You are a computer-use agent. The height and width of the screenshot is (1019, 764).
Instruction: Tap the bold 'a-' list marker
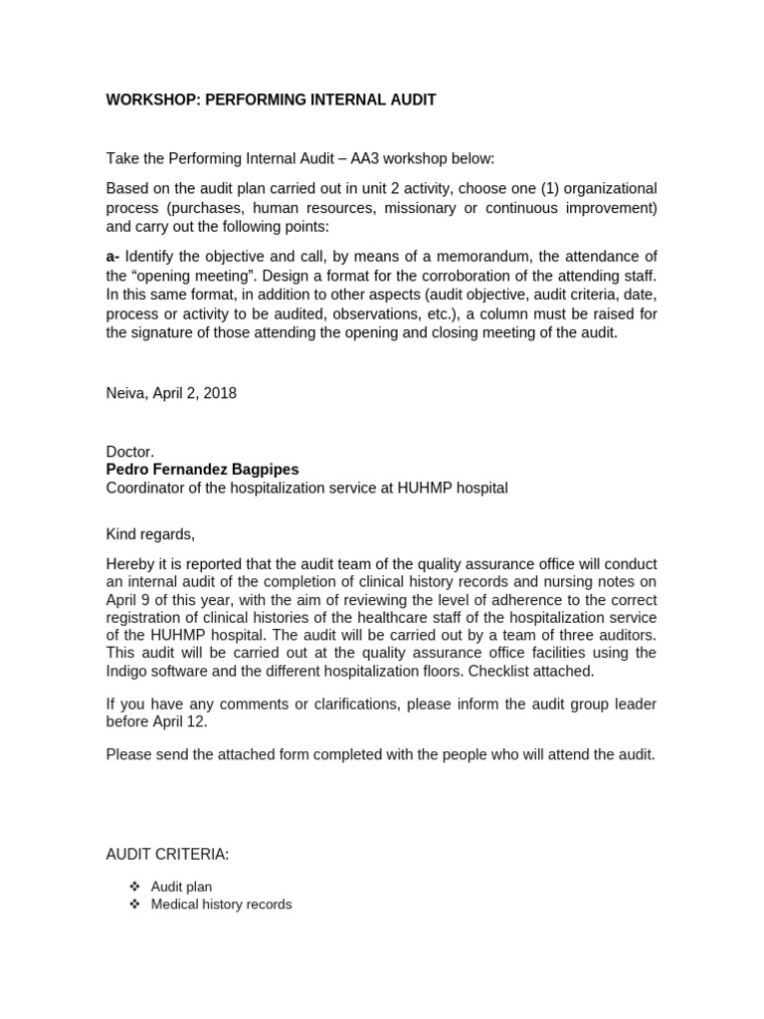[113, 258]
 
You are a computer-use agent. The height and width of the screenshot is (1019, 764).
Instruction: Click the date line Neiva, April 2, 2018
[171, 393]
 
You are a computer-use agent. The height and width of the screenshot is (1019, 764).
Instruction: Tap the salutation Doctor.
[130, 452]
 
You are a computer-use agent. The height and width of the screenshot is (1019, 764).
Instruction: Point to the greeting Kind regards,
[151, 534]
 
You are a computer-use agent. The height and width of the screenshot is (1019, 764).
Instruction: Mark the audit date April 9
[129, 600]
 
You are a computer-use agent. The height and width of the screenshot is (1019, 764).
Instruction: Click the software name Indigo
[128, 672]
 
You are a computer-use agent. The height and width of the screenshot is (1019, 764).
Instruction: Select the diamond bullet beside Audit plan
[135, 887]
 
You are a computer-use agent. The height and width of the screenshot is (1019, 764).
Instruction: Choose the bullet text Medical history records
[221, 905]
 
